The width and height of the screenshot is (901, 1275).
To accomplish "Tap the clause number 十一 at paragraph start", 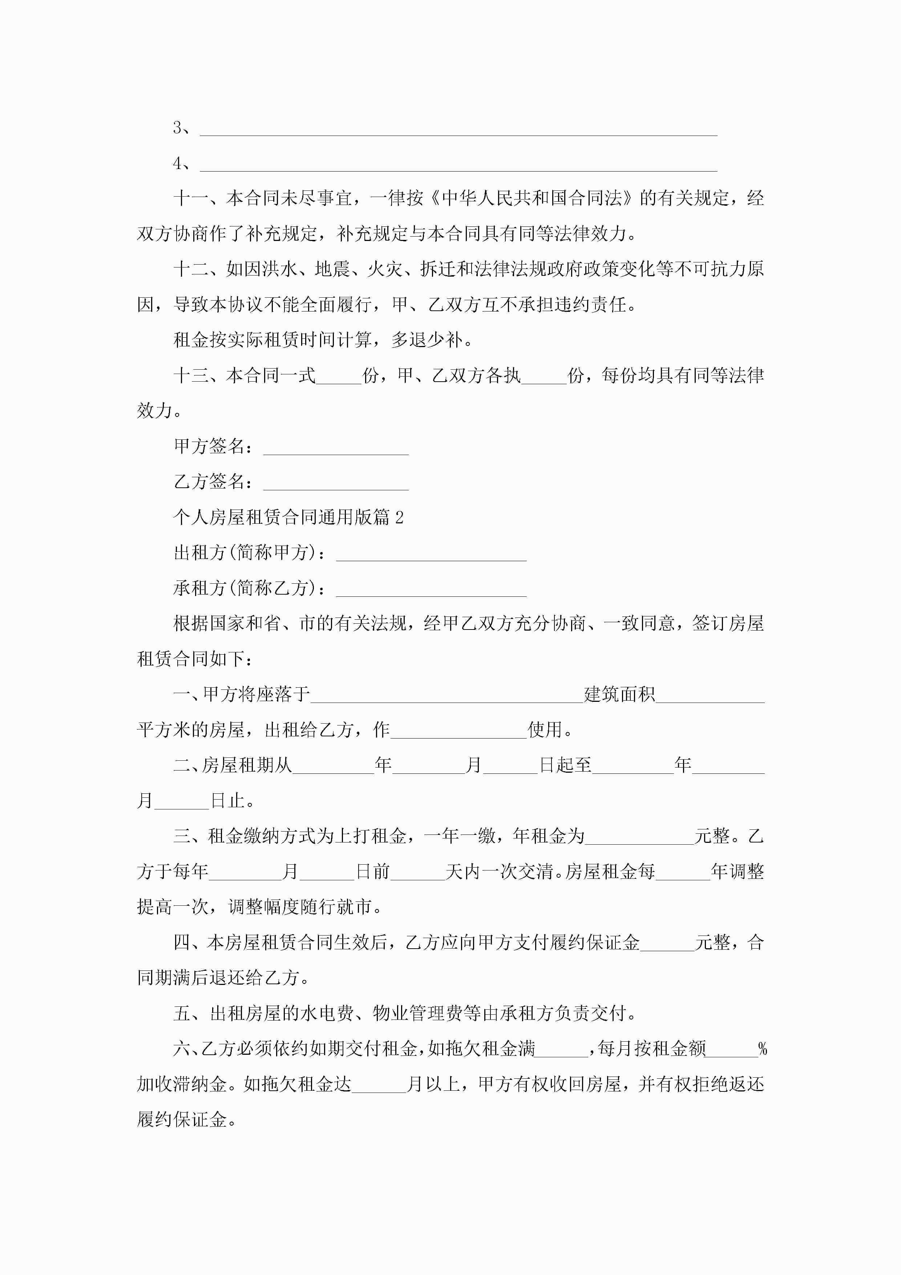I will point(190,198).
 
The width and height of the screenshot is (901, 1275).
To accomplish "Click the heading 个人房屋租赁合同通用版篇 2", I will point(288,518).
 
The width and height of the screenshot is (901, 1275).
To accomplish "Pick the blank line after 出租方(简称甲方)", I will point(431,558).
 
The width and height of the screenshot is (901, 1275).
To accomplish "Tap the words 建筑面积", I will point(619,695).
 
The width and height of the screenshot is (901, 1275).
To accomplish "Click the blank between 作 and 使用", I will point(458,735).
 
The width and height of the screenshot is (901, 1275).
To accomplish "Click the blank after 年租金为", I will point(639,841).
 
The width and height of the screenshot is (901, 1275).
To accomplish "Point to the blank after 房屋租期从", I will point(333,771).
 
